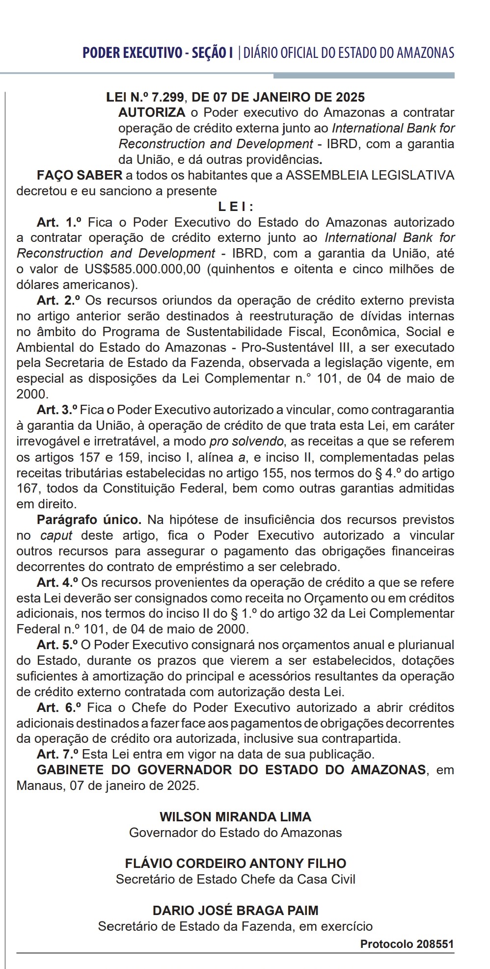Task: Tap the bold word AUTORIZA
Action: [x=152, y=112]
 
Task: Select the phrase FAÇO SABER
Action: [x=80, y=175]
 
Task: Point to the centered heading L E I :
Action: [x=236, y=207]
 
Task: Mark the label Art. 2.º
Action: [x=58, y=300]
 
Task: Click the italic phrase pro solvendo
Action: [x=246, y=441]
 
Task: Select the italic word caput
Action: [x=56, y=535]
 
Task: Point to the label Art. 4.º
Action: [x=58, y=582]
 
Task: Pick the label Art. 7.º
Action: [x=58, y=754]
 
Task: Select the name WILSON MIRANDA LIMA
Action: [x=236, y=817]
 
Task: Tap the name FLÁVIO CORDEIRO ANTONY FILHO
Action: [x=236, y=864]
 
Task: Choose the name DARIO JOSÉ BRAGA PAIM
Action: [x=236, y=911]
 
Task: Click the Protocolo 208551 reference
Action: [x=407, y=944]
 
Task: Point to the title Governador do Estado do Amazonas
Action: [x=236, y=833]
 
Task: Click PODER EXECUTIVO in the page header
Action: [x=132, y=53]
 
